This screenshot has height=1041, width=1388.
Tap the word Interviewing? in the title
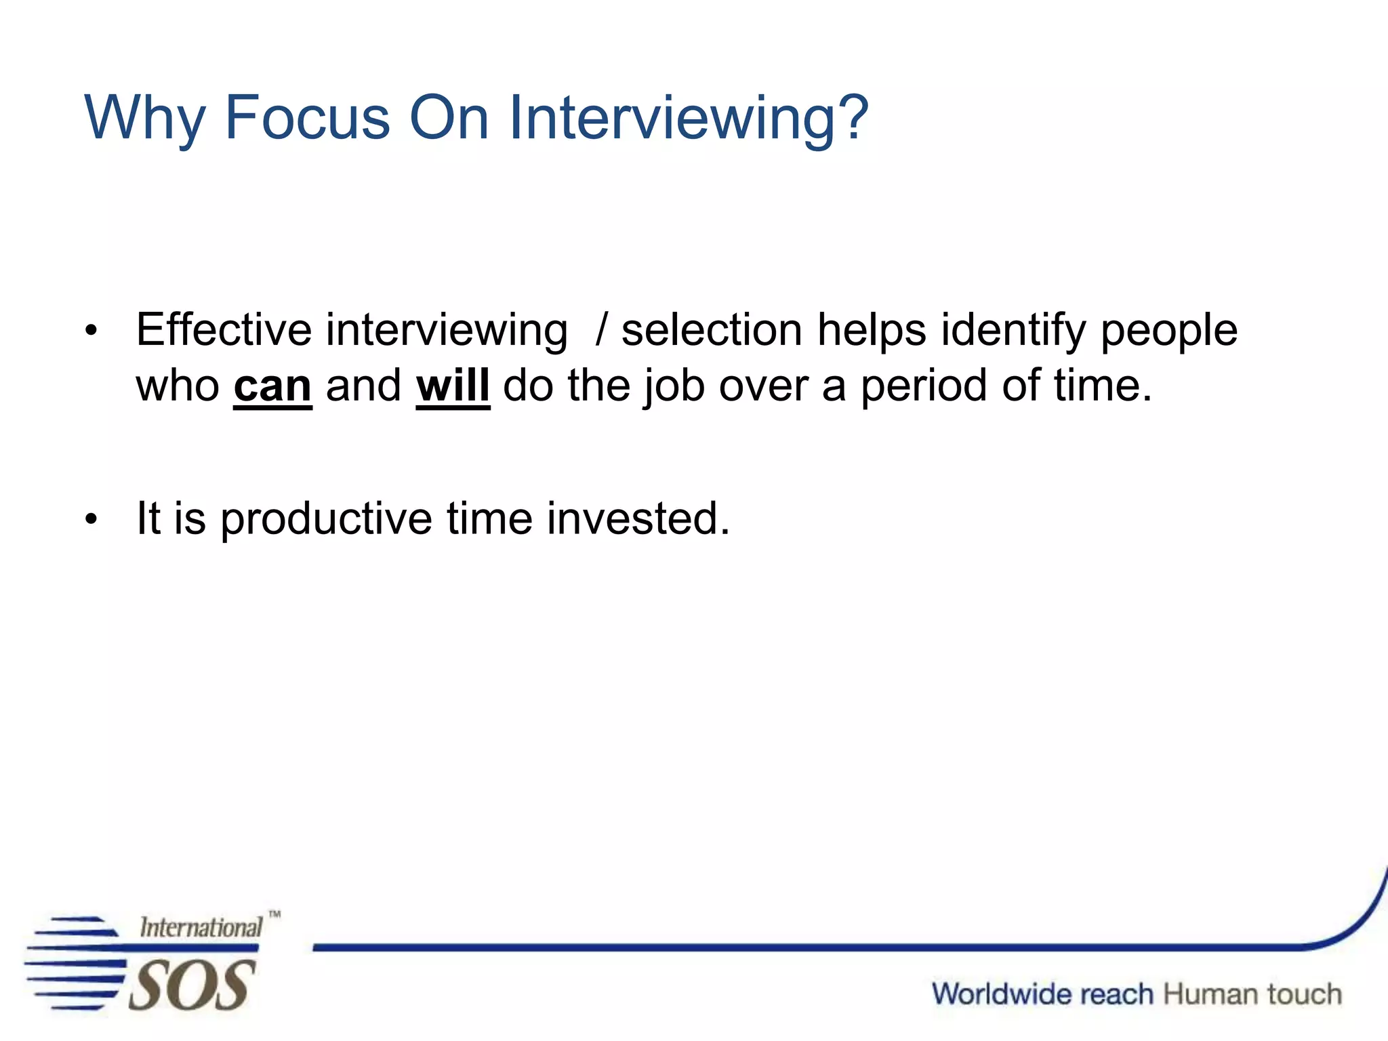coord(688,119)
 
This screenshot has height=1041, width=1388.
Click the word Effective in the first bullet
coord(224,330)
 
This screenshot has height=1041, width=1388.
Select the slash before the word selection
coord(600,330)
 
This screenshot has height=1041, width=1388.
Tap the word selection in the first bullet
coord(712,330)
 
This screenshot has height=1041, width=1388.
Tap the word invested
coord(638,518)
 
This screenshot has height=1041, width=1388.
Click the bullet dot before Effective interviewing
coord(91,331)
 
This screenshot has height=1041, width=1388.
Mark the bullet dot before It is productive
coord(91,520)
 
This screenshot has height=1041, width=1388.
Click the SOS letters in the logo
coord(192,985)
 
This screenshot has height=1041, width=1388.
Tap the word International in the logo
coord(201,927)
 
